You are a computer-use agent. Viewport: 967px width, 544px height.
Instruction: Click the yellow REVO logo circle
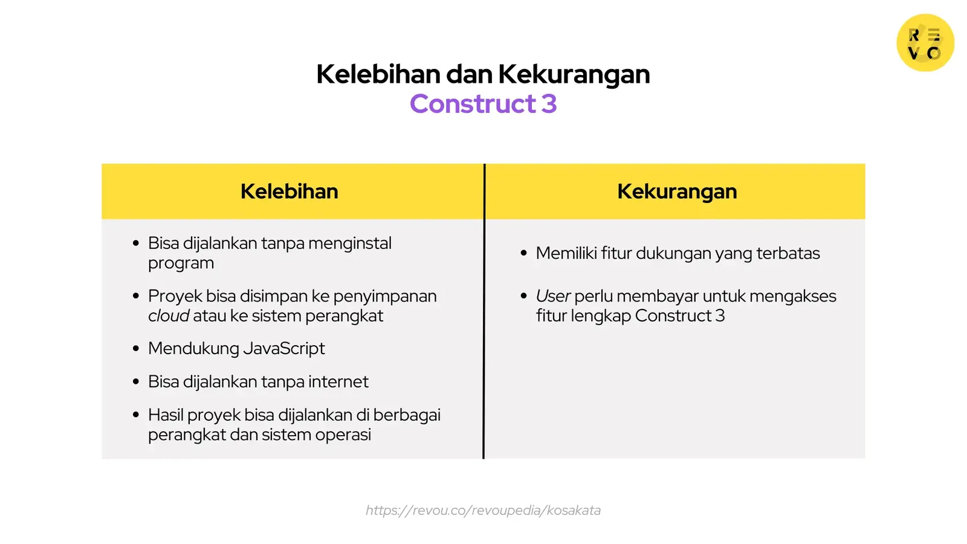pyautogui.click(x=925, y=43)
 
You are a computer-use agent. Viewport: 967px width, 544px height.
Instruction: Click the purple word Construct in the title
pyautogui.click(x=473, y=104)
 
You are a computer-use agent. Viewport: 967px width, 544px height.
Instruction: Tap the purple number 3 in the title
pyautogui.click(x=549, y=104)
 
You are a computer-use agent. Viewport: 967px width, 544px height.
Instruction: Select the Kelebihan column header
pyautogui.click(x=289, y=192)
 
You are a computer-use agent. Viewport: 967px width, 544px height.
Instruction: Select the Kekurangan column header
pyautogui.click(x=677, y=192)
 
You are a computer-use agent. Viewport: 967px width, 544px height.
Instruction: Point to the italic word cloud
pyautogui.click(x=169, y=316)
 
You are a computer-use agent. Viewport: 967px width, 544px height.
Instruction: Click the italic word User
pyautogui.click(x=552, y=296)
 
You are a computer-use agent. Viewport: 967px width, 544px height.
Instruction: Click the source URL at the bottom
pyautogui.click(x=483, y=510)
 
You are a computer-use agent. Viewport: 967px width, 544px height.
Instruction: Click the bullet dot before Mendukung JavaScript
pyautogui.click(x=136, y=349)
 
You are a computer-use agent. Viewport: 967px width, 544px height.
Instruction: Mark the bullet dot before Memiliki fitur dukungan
pyautogui.click(x=523, y=253)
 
